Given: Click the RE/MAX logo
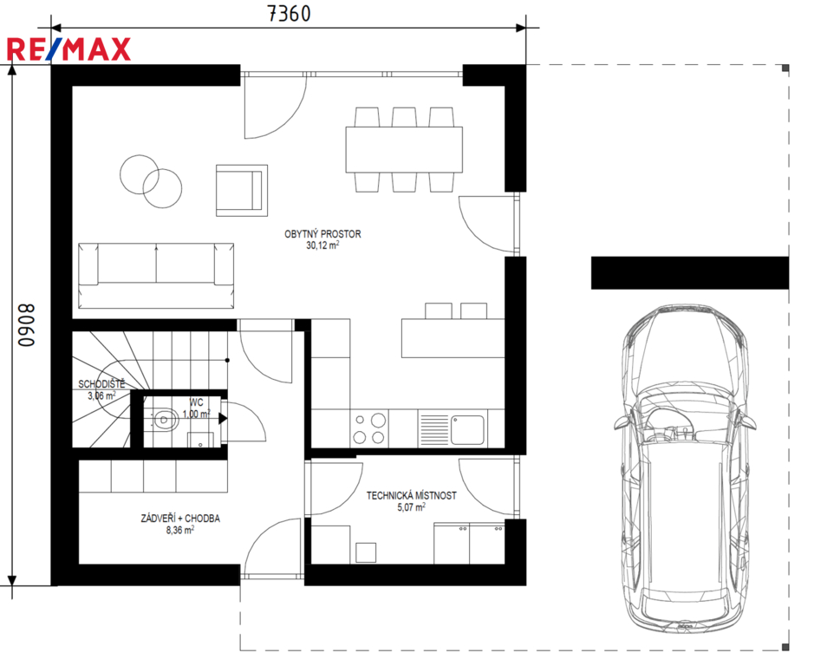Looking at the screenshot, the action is pos(68,49).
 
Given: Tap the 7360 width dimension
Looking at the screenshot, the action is pos(290,14).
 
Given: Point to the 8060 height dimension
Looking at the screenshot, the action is pos(26,325).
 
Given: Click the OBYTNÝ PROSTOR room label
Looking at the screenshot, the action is pos(322,234).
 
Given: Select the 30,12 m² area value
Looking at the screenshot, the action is pos(322,245).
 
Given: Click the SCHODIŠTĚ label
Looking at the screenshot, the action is pos(101,384).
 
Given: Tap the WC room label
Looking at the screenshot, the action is pos(196,402).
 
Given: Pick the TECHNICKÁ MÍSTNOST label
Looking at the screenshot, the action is pos(412,496).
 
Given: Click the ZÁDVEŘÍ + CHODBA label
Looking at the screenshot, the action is pos(180,519).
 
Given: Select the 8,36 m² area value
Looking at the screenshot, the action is pos(180,530).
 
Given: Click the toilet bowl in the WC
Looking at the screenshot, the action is pos(165,419).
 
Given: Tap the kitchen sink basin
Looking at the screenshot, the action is pos(467,429).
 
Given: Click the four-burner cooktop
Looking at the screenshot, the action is pos(369,428).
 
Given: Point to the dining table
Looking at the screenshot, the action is pos(404,150).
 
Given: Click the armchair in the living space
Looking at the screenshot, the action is pos(242,190).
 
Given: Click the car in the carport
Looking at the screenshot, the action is pos(684,469).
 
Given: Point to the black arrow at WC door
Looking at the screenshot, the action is pos(222,418).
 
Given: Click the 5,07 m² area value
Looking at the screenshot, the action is pos(412,507).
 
